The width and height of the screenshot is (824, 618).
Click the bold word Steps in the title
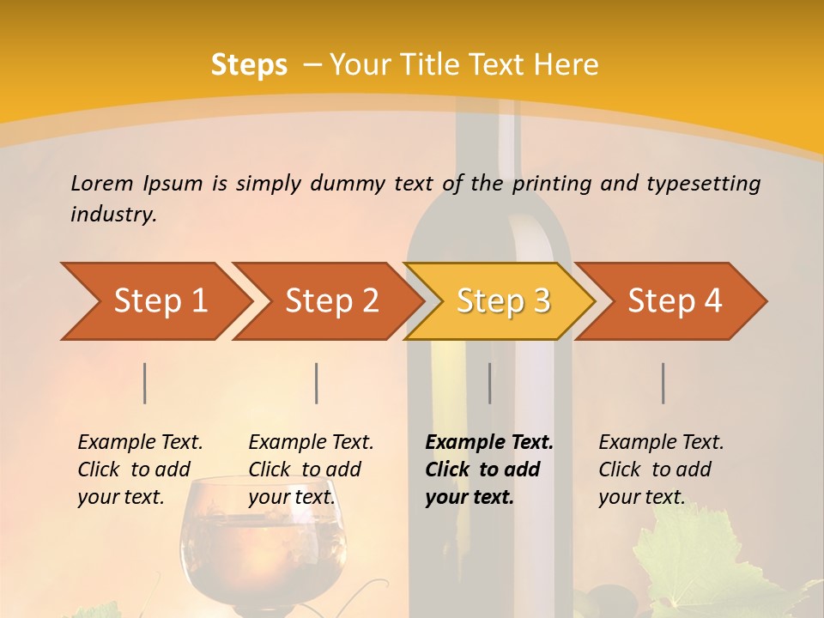[x=249, y=65]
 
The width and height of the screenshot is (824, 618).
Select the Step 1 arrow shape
[x=154, y=301]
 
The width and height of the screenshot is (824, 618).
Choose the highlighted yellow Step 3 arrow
[x=501, y=301]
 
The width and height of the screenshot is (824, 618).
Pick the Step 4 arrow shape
[x=673, y=301]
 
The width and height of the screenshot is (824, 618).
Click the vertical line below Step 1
[x=145, y=383]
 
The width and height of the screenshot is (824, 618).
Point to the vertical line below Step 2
[x=317, y=383]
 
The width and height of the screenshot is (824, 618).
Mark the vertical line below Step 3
[x=490, y=383]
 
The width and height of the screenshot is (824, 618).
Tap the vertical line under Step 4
[x=663, y=383]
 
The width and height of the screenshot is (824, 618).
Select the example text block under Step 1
[x=140, y=469]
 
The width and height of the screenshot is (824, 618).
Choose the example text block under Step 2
[x=311, y=469]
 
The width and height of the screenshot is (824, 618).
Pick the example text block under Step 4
[x=661, y=469]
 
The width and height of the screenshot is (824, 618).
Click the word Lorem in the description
[x=102, y=183]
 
